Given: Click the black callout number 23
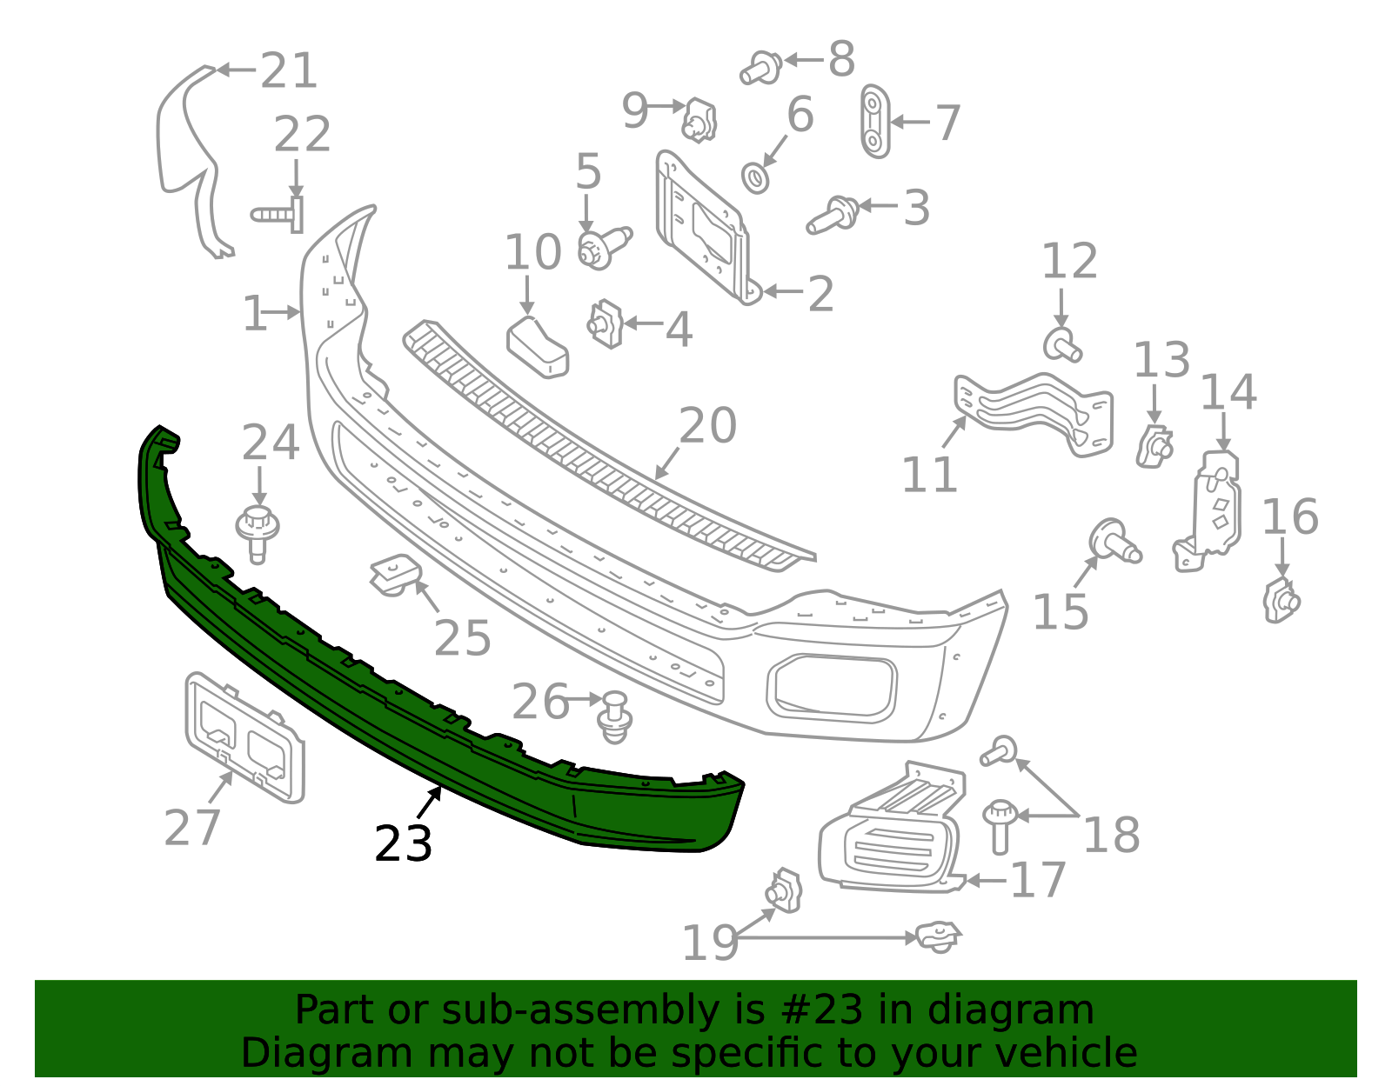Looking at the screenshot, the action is [x=403, y=843].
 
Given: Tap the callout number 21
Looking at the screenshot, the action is [x=288, y=70].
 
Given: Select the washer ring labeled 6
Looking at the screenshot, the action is [x=755, y=178].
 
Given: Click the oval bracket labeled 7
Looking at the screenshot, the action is [x=874, y=121].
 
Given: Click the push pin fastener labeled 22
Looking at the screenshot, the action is [x=278, y=215].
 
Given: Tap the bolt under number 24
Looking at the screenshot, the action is [x=258, y=535].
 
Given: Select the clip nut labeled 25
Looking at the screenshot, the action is [x=395, y=576].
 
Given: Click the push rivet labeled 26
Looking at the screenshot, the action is [x=614, y=717].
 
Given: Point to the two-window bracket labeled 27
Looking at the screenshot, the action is [x=244, y=737].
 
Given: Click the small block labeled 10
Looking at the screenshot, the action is [x=537, y=348].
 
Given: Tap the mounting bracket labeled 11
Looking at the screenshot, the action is [x=1034, y=414].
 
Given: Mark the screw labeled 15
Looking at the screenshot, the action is [x=1114, y=542].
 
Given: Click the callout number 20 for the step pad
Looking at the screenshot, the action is [x=707, y=425].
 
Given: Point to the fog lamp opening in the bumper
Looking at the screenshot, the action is [x=832, y=688].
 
